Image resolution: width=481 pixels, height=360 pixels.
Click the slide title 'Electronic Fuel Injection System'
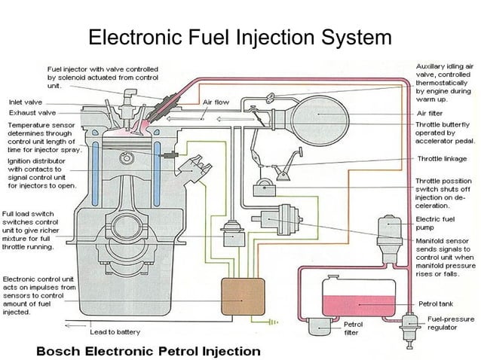240,37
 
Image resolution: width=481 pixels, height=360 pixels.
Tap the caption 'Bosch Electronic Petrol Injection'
149,350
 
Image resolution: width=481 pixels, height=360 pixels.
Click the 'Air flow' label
216,101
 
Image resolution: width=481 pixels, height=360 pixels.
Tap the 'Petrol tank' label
437,304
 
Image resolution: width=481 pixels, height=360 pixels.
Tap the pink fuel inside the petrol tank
359,304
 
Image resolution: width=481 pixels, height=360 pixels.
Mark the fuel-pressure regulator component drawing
411,324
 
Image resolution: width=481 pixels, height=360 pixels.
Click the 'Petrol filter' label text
353,328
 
